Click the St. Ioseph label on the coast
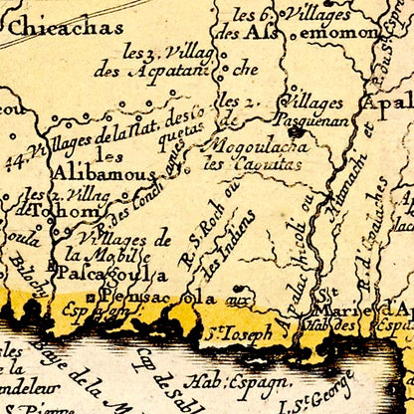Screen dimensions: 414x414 click(236, 334)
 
